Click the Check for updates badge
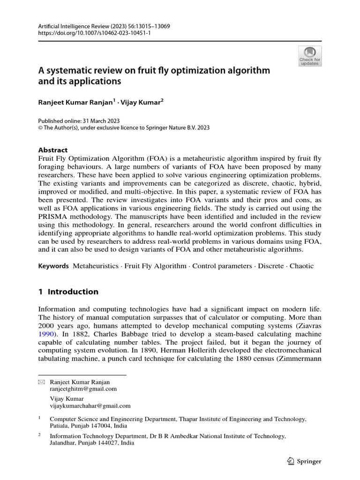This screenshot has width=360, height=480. [x=310, y=55]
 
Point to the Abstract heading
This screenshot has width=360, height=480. [x=52, y=150]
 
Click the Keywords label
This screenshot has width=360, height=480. [x=53, y=266]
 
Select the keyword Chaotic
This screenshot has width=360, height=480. [x=301, y=266]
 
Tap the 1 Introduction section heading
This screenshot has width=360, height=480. [x=68, y=292]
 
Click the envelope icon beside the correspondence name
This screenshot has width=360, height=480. [x=41, y=382]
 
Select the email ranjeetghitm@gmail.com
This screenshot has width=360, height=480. [x=83, y=389]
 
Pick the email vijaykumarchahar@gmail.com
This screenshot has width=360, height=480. [x=90, y=406]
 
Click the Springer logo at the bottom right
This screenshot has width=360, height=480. [x=304, y=461]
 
